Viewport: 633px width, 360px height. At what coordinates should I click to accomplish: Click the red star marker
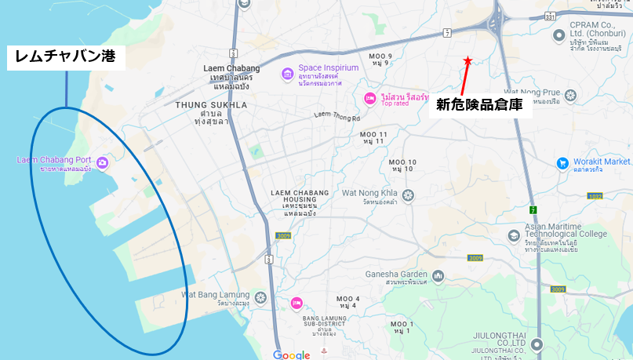[467, 60]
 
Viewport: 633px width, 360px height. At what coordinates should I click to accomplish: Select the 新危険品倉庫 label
[483, 104]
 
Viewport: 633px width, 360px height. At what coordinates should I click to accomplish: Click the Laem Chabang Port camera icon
[102, 162]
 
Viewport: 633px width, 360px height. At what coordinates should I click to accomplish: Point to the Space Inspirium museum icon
[288, 73]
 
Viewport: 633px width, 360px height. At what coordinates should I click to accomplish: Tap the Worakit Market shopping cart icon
[562, 163]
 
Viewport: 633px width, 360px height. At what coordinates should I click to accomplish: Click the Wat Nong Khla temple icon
[408, 194]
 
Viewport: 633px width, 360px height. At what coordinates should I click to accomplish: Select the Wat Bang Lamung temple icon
[260, 296]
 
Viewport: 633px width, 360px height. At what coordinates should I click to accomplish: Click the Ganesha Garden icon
[438, 275]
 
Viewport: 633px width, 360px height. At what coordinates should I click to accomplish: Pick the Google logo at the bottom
[292, 355]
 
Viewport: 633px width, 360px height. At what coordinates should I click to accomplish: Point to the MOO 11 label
[374, 135]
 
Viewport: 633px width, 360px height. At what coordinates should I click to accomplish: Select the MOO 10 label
[402, 162]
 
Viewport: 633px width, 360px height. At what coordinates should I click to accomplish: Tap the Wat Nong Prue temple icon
[570, 96]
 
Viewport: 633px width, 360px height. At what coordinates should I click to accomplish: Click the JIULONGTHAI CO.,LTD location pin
[537, 344]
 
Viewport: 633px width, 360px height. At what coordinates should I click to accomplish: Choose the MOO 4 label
[347, 299]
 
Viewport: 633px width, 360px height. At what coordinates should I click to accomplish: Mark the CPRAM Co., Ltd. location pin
[556, 35]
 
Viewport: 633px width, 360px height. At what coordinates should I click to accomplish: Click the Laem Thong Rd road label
[336, 117]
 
